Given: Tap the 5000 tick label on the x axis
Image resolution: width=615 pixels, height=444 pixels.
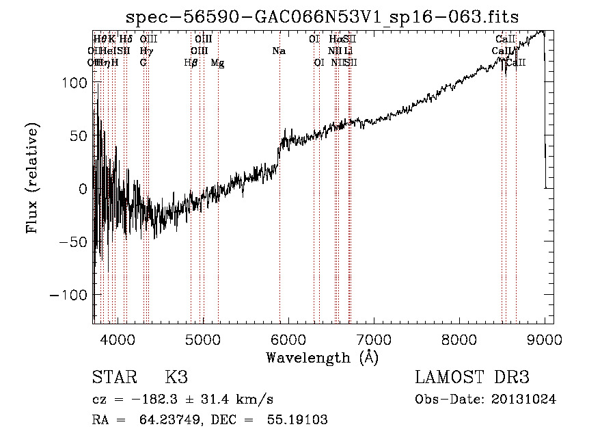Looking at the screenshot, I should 202,340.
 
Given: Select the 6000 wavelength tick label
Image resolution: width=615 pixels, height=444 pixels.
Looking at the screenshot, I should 288,340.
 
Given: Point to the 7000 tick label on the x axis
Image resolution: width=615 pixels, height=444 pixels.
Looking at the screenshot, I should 373,340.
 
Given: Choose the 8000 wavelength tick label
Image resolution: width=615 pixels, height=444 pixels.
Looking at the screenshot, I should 459,340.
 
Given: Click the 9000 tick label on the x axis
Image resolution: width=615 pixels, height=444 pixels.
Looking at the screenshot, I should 544,340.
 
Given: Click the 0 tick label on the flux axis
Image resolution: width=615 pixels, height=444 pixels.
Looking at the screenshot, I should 83,189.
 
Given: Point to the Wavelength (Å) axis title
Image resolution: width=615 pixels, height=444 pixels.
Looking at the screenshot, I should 322,357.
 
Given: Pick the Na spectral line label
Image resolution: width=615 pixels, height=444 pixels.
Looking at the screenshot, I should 279,51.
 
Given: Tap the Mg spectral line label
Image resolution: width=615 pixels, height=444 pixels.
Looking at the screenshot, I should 217,63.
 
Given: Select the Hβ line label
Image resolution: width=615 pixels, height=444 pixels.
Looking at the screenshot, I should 191,63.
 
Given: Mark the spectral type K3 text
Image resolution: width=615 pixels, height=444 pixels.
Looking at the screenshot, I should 176,378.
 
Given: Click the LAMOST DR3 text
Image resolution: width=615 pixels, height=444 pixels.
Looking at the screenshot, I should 472,378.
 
